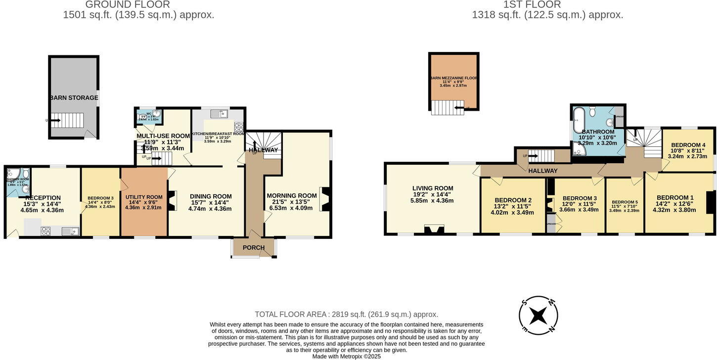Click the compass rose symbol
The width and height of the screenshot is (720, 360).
pos(539,315)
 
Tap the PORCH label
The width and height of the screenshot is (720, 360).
pos(254,248)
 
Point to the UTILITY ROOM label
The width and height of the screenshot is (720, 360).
pos(143,197)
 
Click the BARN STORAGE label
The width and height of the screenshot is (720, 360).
pos(74,98)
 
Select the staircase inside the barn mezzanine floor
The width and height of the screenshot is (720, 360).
pos(448,107)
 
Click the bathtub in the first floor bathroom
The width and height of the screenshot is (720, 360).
pos(578,117)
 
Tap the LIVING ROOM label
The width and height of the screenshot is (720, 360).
pos(433,188)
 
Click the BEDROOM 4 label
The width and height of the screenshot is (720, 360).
pos(688,145)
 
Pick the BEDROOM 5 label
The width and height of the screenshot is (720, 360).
pos(625,202)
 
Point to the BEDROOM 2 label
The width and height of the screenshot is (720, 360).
pos(513,200)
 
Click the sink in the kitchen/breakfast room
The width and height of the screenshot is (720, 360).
pos(219,114)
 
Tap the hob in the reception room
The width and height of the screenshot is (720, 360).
pos(46,230)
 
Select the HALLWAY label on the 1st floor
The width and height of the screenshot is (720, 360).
pos(542,171)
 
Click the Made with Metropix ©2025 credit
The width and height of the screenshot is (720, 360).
pos(346,356)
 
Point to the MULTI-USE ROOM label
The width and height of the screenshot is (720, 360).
pos(163,136)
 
